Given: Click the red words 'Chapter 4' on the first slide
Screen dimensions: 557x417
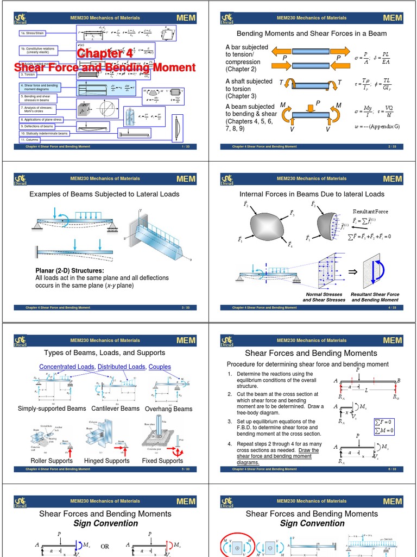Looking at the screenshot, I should [104, 53].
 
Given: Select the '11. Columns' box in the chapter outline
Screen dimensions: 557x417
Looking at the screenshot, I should [31, 140].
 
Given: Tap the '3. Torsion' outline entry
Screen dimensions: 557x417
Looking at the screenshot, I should [29, 75].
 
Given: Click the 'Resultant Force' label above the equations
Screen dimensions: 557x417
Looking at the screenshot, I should [371, 211].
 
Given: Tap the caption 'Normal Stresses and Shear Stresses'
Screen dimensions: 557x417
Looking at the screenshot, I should [324, 297].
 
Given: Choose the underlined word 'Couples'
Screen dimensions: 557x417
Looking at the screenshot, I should [160, 367].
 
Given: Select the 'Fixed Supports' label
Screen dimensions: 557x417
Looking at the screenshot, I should [162, 461].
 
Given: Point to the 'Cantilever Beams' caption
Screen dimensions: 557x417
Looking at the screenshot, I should [115, 409].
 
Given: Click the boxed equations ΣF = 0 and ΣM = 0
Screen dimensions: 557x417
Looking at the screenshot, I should [384, 425].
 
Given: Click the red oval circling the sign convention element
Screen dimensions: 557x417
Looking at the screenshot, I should [236, 546].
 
